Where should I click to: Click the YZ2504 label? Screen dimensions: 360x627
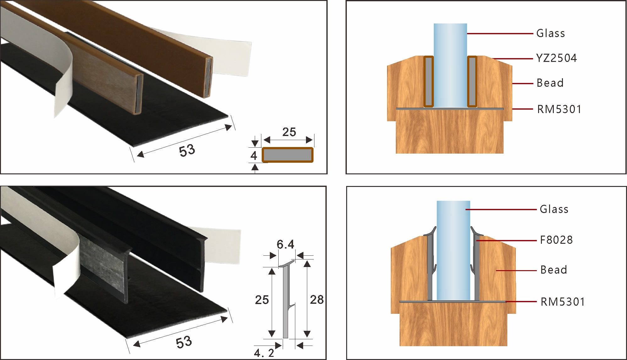556,58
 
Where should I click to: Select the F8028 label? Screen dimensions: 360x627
556,240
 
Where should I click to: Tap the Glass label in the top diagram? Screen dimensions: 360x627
550,33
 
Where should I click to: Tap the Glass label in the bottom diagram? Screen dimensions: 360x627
554,209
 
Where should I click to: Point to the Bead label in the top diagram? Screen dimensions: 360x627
550,83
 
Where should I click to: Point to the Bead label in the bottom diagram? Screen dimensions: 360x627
553,270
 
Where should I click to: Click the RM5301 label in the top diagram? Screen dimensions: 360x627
559,109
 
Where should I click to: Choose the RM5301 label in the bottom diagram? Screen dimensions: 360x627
563,302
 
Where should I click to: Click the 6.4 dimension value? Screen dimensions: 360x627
285,244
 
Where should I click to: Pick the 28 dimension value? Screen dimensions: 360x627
317,300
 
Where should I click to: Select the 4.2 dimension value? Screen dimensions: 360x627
264,353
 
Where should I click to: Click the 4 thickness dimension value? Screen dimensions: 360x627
254,156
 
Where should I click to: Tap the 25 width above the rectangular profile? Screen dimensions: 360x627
289,132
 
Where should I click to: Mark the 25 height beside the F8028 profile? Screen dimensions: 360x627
262,300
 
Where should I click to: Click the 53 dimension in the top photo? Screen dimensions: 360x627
187,150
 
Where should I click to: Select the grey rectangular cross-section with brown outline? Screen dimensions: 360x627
288,155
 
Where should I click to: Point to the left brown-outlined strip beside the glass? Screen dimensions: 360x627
428,82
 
